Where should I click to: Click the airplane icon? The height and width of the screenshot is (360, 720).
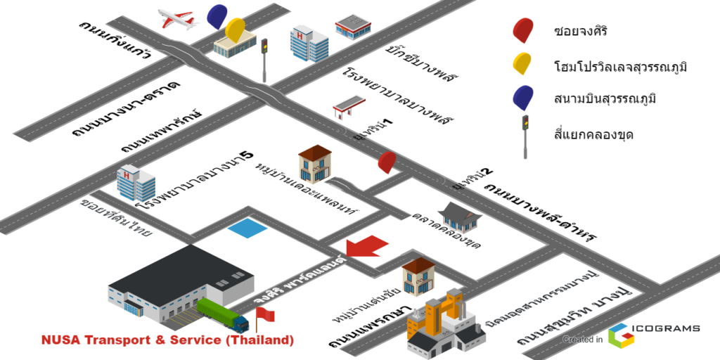[178, 19]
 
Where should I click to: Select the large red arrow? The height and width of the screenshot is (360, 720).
[367, 247]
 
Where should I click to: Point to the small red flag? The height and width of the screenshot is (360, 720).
[264, 317]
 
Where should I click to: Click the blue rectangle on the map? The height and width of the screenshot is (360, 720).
[247, 228]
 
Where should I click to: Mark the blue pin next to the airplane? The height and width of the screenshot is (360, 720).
[217, 15]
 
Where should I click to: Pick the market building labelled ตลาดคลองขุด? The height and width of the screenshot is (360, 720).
[461, 217]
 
